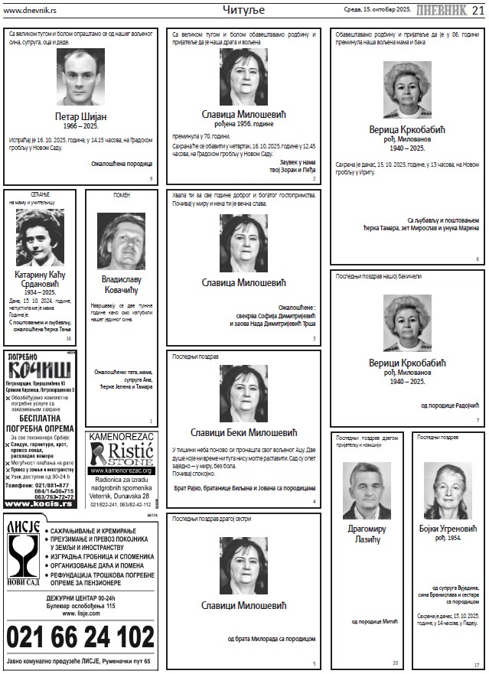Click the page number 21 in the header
coord(477,8)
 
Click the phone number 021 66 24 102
coord(80,637)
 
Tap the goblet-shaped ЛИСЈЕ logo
coord(23,554)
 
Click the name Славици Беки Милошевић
coord(243,432)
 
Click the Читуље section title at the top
coord(243,9)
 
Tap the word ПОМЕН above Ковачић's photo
coord(121,196)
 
